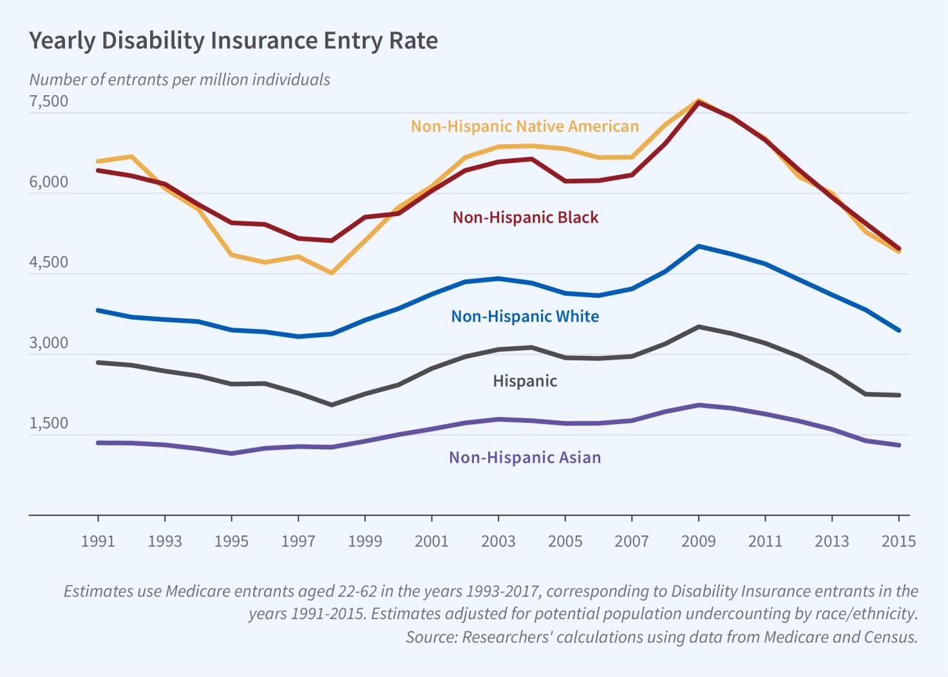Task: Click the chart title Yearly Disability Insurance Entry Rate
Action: pyautogui.click(x=233, y=41)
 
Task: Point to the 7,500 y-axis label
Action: pyautogui.click(x=48, y=102)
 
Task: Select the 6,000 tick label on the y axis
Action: pyautogui.click(x=48, y=182)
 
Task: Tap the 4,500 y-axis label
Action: pyautogui.click(x=48, y=263)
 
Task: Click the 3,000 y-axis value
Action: pyautogui.click(x=48, y=343)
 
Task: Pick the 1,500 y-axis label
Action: pyautogui.click(x=48, y=423)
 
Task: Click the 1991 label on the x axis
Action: pyautogui.click(x=98, y=541)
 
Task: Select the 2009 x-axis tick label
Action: pyautogui.click(x=698, y=541)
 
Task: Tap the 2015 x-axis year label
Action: pyautogui.click(x=898, y=541)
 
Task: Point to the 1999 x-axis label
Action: pyautogui.click(x=365, y=541)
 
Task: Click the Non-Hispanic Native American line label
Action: pyautogui.click(x=525, y=126)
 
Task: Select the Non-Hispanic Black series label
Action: pyautogui.click(x=526, y=218)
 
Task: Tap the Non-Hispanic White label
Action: pyautogui.click(x=525, y=317)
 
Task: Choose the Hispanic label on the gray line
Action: pyautogui.click(x=525, y=381)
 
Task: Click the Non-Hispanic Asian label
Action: pyautogui.click(x=525, y=458)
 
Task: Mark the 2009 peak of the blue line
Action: pyautogui.click(x=699, y=246)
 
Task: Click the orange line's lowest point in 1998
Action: pyautogui.click(x=332, y=273)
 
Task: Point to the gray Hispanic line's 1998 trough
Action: pyautogui.click(x=332, y=405)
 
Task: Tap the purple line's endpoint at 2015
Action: pyautogui.click(x=898, y=445)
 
